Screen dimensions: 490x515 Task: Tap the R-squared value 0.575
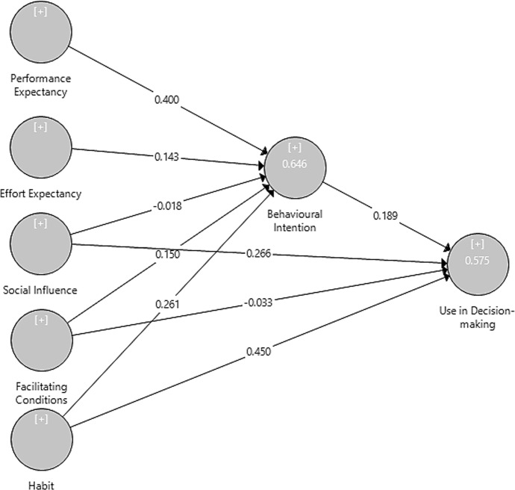(478, 261)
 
